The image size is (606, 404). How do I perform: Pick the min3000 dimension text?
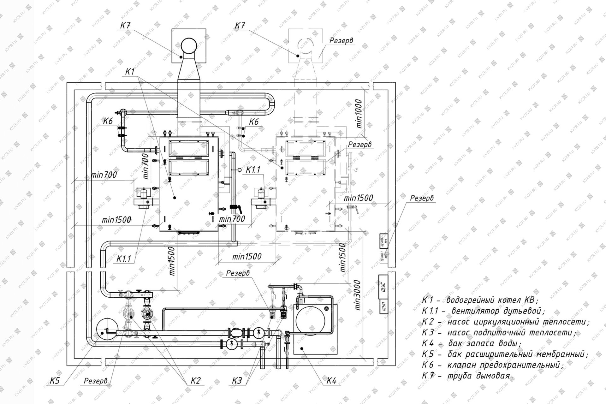pyautogui.click(x=357, y=295)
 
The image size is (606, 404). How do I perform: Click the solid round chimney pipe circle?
pyautogui.click(x=189, y=47)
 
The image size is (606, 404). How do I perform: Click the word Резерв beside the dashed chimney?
pyautogui.click(x=341, y=41)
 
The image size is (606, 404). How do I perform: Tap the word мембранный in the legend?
pyautogui.click(x=559, y=354)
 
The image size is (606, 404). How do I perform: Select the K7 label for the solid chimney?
pyautogui.click(x=125, y=26)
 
